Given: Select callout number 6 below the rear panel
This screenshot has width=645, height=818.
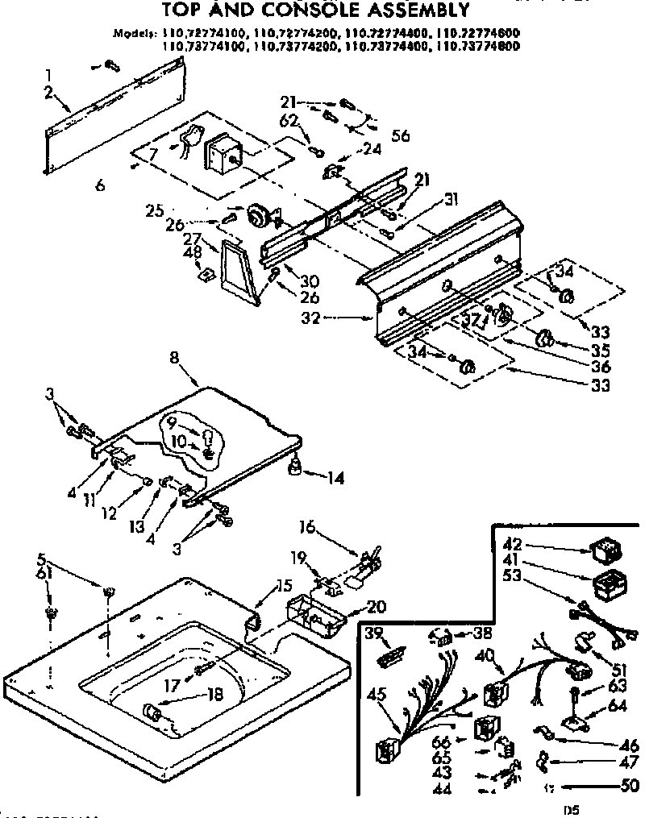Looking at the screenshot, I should tap(100, 185).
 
